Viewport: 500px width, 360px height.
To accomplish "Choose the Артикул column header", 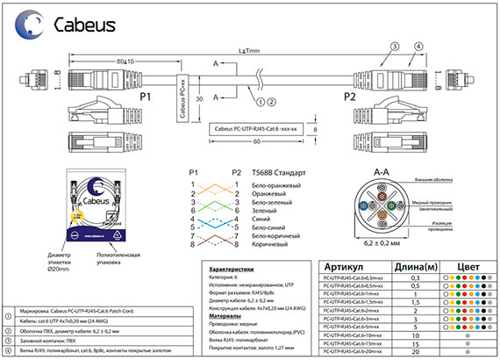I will tap(352, 267).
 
